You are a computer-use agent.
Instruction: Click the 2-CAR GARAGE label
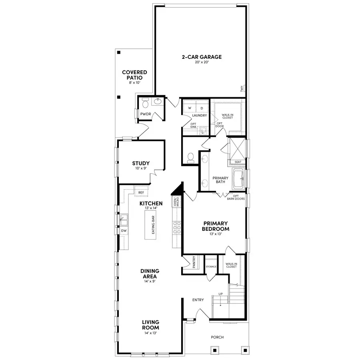point(202,57)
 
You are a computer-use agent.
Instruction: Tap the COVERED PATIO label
point(134,75)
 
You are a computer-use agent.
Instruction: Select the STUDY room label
point(141,163)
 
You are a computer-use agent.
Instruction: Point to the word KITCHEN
point(151,204)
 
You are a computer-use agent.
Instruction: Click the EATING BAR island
point(152,225)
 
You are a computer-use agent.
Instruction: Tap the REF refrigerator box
point(141,192)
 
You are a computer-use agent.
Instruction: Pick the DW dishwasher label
point(124,231)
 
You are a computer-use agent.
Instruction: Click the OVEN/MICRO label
point(176,201)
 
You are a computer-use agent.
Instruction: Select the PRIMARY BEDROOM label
point(216,226)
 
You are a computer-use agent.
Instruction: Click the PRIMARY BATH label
point(220,180)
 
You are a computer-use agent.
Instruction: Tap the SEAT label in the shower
point(238,162)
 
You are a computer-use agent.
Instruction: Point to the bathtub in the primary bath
point(237,178)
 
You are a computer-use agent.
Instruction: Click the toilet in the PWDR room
point(146,104)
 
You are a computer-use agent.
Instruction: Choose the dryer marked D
point(202,108)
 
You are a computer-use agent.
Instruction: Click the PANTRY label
point(194,262)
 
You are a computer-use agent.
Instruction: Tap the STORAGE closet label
point(211,266)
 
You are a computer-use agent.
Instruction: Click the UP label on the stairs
point(220,294)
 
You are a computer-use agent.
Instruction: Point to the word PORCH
point(218,337)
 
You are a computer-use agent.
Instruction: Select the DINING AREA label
point(150,274)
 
